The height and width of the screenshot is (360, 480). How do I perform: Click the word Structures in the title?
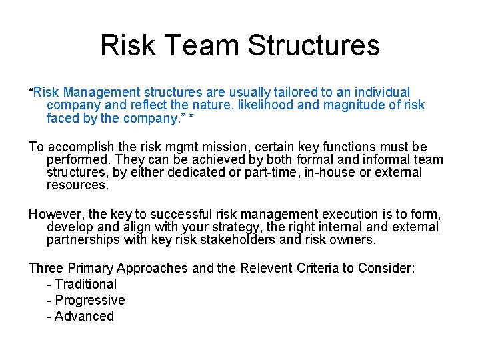(x=313, y=46)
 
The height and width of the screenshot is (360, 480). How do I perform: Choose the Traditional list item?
(x=81, y=284)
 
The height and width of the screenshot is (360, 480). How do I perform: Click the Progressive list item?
(x=85, y=300)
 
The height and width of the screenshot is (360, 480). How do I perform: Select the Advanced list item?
(x=80, y=316)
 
